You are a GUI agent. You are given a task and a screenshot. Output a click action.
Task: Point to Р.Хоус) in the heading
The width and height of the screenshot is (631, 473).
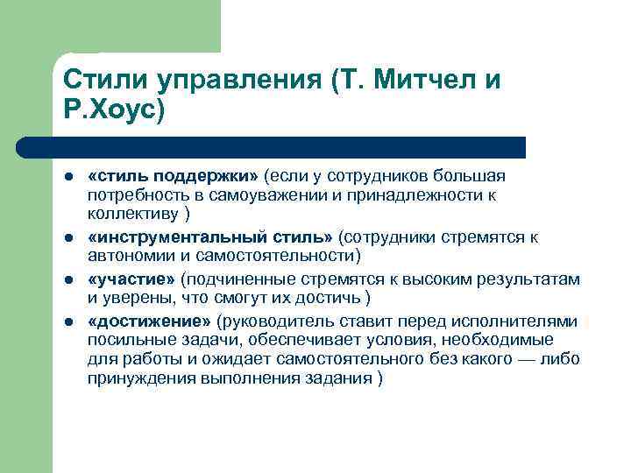pos(114,112)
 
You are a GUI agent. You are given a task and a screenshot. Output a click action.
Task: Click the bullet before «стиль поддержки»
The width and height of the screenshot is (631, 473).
pos(68,178)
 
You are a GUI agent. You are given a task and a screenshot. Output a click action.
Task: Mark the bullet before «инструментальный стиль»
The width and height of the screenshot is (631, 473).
pos(68,238)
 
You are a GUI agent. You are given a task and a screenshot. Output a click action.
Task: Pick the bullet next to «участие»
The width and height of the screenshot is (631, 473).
pos(68,279)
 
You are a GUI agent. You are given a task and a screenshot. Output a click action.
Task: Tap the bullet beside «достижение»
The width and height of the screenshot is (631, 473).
pos(68,321)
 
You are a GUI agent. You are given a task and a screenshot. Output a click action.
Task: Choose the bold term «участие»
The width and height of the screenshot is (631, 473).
pos(131,279)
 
